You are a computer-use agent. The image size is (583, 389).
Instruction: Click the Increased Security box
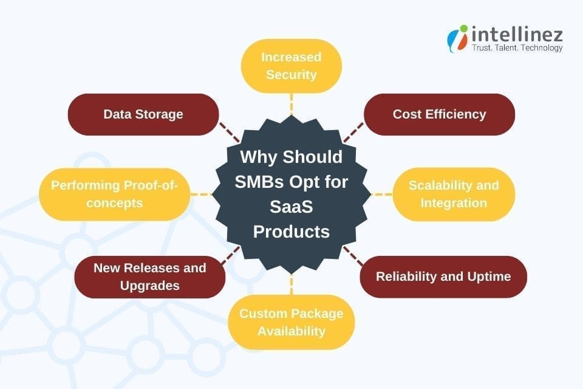click(291, 66)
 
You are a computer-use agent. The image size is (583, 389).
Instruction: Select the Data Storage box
click(143, 114)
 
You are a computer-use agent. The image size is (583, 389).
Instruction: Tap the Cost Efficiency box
click(439, 114)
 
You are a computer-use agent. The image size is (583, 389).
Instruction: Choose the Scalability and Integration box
click(454, 194)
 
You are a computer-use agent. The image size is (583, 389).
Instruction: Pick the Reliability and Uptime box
click(443, 277)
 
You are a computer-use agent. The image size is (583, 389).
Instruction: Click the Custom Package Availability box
click(291, 322)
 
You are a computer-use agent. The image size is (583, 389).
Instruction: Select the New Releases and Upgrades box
click(149, 277)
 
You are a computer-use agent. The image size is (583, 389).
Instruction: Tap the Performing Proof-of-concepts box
click(114, 194)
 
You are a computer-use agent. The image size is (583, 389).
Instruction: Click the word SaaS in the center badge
click(291, 207)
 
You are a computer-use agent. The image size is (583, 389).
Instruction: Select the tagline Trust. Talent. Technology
click(517, 48)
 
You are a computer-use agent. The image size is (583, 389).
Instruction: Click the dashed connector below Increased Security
click(291, 103)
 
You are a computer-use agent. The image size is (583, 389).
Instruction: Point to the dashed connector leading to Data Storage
click(229, 131)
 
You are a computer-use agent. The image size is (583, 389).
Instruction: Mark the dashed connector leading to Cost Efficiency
click(353, 131)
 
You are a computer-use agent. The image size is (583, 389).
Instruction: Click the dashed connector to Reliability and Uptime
click(353, 257)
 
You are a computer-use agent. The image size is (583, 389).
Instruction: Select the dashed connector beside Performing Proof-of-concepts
click(200, 194)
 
